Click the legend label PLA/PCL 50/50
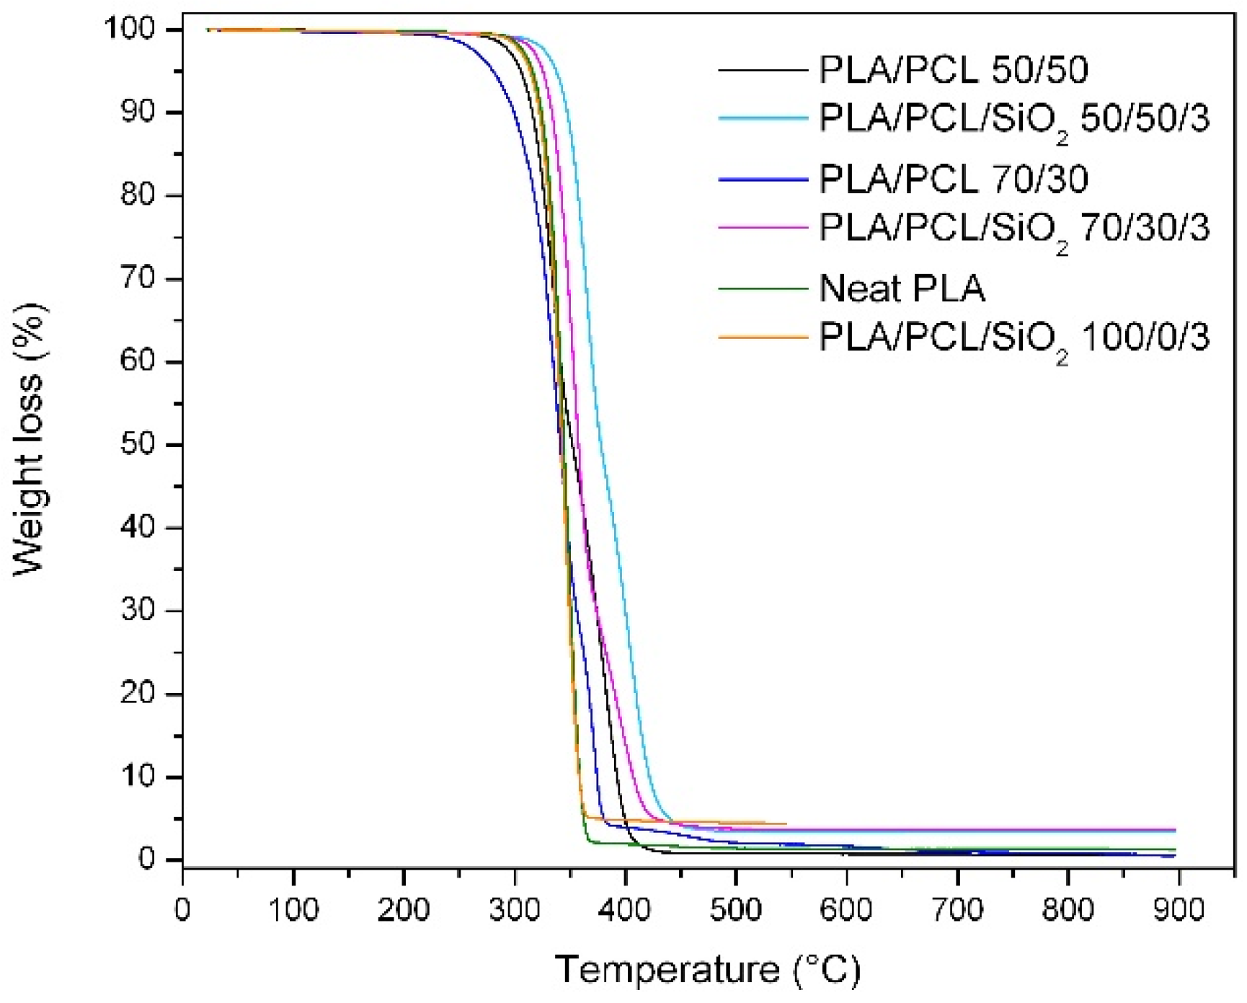coord(953,70)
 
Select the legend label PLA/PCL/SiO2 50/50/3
coord(1013,118)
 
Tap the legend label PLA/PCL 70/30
coord(953,179)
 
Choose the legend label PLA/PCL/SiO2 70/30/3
coord(1013,228)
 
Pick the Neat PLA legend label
coord(902,288)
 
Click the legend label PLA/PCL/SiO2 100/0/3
coord(1013,337)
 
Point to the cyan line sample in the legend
coord(763,118)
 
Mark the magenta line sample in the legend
coord(763,228)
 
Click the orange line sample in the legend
coord(763,337)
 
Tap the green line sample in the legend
coord(763,288)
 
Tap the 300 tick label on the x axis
coord(515,910)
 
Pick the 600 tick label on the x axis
coord(846,910)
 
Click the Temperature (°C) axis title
coord(707,970)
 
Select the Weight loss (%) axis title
coord(30,440)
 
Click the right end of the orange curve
coord(786,823)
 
